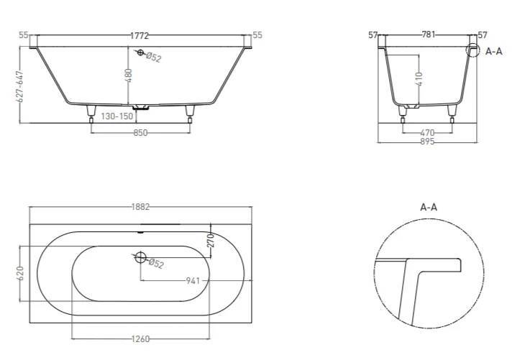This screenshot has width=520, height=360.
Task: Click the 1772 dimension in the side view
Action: click(x=140, y=35)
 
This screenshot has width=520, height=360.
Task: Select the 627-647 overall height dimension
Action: click(x=20, y=86)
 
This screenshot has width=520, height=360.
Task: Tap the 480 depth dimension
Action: click(x=129, y=75)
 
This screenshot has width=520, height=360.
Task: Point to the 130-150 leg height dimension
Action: click(x=117, y=116)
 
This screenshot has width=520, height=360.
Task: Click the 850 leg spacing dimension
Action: click(x=140, y=133)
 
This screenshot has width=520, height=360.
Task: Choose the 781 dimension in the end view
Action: click(x=428, y=34)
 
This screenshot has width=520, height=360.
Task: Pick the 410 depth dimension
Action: click(x=419, y=79)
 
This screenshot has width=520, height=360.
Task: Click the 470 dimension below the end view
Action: click(x=427, y=133)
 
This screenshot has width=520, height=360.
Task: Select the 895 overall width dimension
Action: click(x=427, y=142)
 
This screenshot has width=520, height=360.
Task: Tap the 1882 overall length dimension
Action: click(x=141, y=207)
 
